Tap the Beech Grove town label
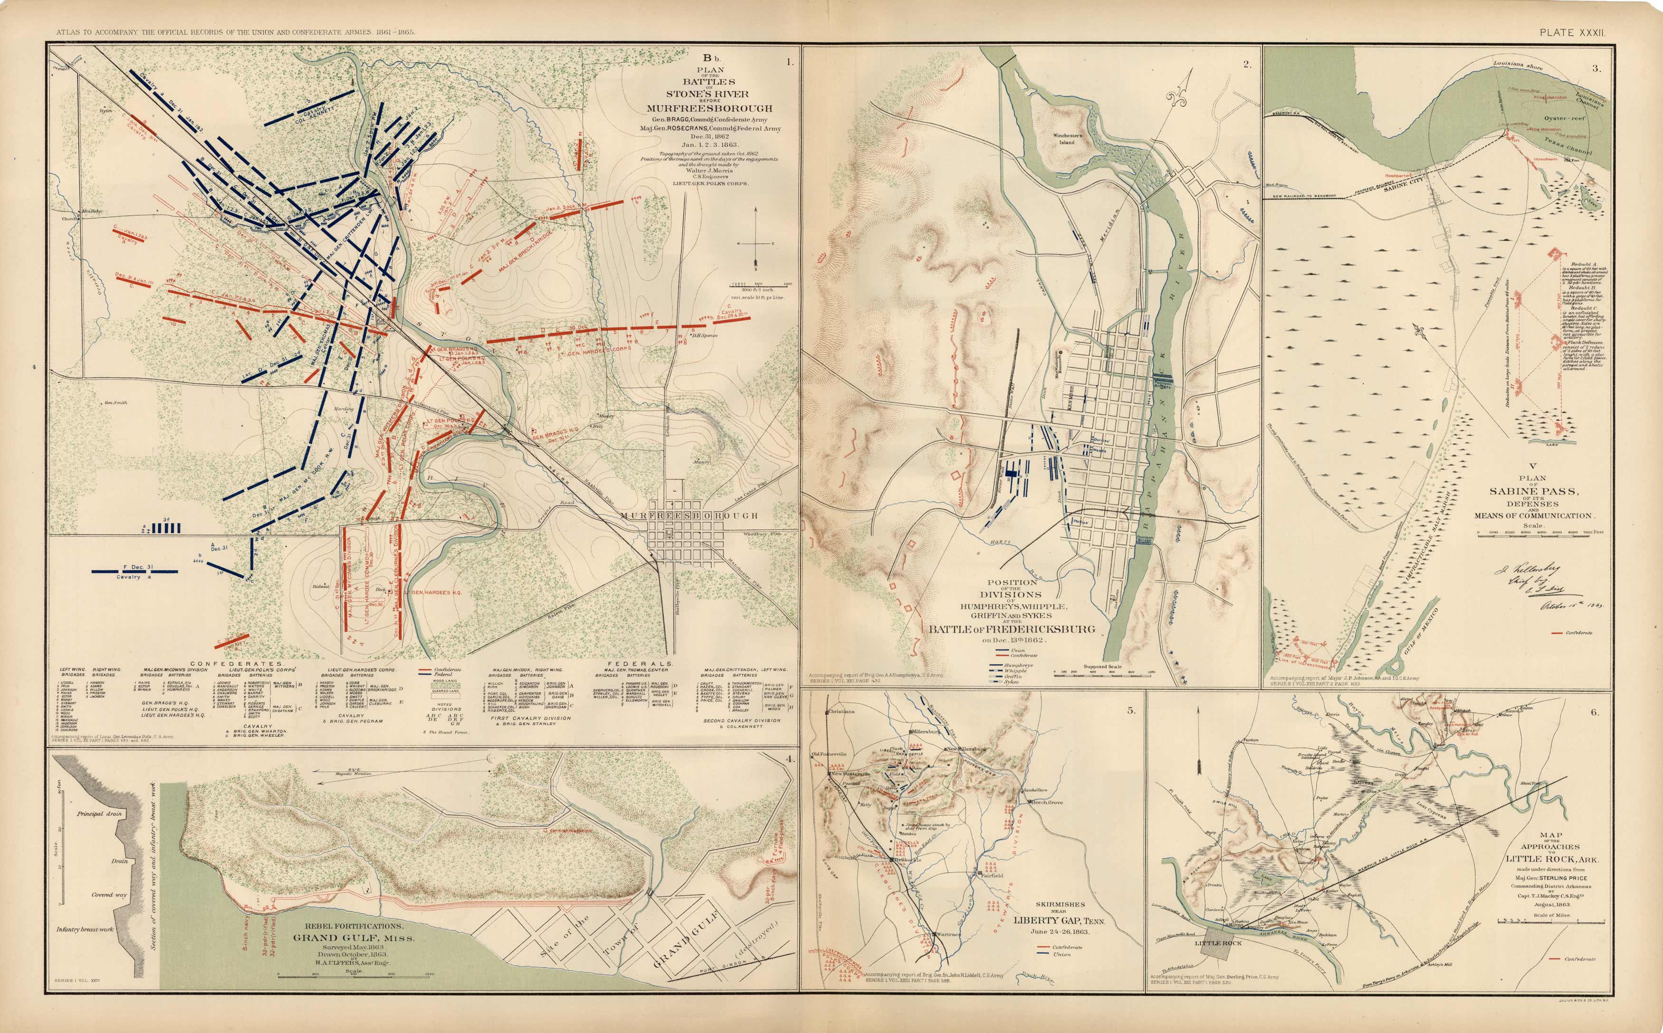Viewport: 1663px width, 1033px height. point(1046,802)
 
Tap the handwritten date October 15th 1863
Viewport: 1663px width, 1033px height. point(1571,605)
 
